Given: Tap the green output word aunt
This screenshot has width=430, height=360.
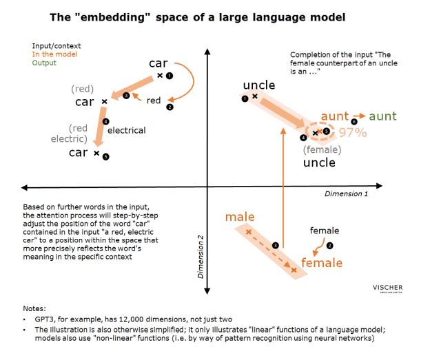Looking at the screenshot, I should point(382,116).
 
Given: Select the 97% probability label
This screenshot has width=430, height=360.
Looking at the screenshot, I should point(352,133).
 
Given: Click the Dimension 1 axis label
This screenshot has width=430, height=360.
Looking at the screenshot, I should point(347,195).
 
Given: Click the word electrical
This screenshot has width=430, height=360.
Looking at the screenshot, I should point(127,129).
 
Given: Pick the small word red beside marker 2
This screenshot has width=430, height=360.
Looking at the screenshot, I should point(154,100).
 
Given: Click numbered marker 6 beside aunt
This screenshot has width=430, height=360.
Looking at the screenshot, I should point(354,122).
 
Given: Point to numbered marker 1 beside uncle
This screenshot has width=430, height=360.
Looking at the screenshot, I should point(245,99).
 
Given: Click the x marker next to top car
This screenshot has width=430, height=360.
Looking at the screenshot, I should point(159,75).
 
